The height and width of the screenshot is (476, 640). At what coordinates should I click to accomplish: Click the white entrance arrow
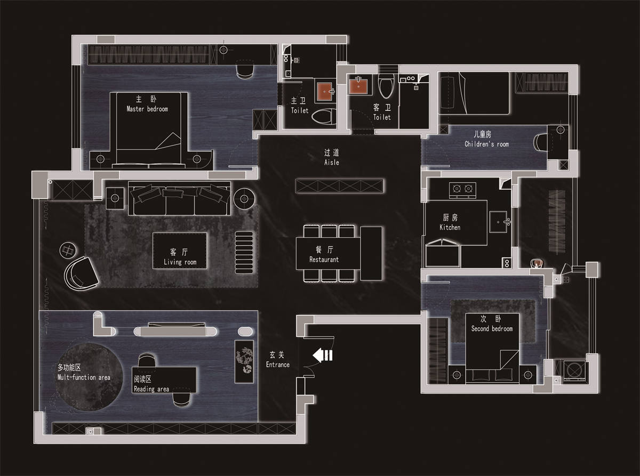(x=322, y=355)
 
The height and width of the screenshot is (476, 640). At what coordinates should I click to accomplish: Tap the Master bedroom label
(x=147, y=109)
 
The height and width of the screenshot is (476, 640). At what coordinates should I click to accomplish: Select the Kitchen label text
(x=450, y=227)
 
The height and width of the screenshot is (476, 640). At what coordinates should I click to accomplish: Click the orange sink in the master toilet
(x=325, y=92)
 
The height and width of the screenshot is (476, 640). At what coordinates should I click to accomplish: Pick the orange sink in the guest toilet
(x=358, y=86)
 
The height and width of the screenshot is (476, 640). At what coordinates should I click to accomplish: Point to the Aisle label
(x=332, y=163)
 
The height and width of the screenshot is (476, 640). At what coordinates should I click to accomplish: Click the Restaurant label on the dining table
(x=324, y=260)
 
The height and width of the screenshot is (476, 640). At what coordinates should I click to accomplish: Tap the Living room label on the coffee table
(x=180, y=262)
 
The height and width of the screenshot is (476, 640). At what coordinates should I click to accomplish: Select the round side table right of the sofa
(x=244, y=198)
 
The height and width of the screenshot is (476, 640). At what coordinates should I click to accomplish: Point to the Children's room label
(x=487, y=144)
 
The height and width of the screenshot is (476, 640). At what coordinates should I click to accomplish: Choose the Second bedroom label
(x=492, y=328)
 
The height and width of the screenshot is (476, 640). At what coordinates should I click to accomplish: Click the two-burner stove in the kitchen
(x=462, y=190)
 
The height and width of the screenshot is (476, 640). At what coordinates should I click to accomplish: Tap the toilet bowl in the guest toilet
(x=386, y=85)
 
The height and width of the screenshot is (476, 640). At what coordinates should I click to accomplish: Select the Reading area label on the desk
(x=151, y=389)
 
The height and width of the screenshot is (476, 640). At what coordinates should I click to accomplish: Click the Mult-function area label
(x=84, y=377)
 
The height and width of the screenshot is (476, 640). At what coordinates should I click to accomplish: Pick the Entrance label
(x=277, y=365)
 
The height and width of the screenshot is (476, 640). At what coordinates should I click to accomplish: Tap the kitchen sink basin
(x=498, y=222)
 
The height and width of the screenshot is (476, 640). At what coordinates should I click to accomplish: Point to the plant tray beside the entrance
(x=244, y=361)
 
